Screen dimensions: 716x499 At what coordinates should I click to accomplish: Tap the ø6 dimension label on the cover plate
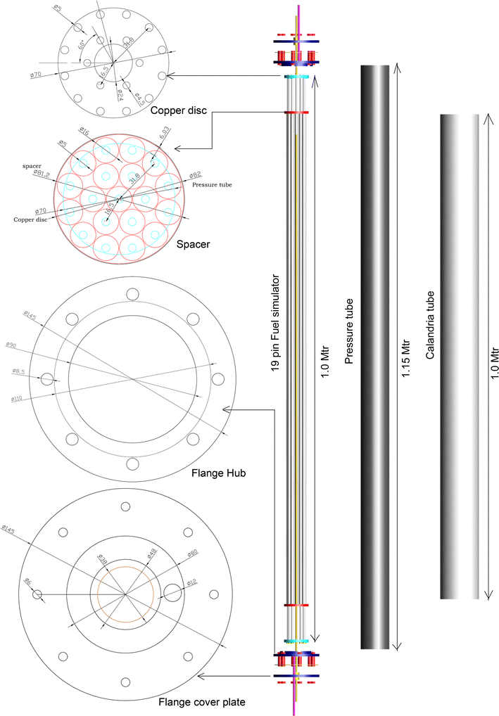pos(28,582)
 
